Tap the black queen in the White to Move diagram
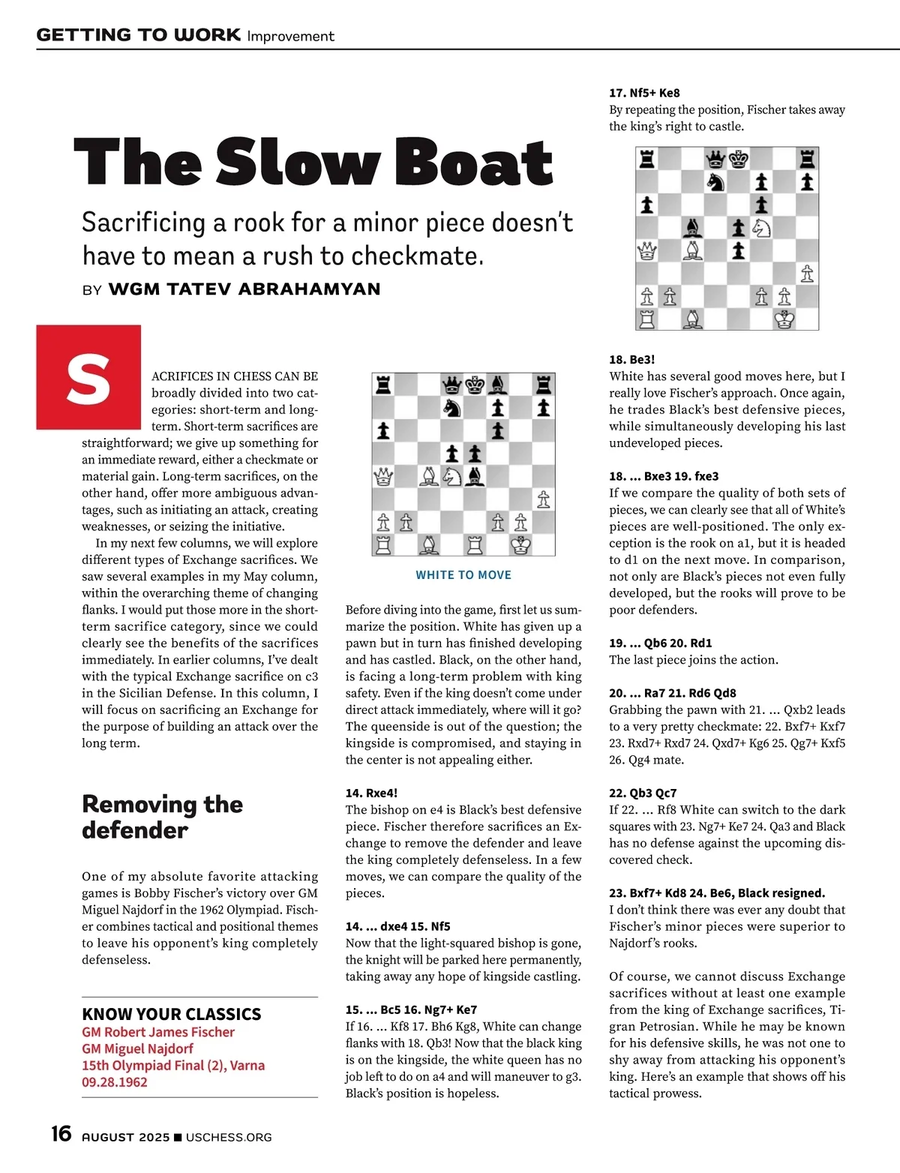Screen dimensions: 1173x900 pyautogui.click(x=451, y=385)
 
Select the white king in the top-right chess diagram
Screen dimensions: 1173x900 pyautogui.click(x=784, y=319)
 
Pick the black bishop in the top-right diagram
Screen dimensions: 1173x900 pyautogui.click(x=692, y=227)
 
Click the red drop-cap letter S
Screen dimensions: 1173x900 pyautogui.click(x=88, y=377)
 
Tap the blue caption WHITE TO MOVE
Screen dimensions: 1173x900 pyautogui.click(x=463, y=575)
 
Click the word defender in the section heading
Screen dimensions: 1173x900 pyautogui.click(x=135, y=830)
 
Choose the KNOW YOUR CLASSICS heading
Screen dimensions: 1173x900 pyautogui.click(x=172, y=1015)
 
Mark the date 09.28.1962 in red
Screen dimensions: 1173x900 pyautogui.click(x=115, y=1082)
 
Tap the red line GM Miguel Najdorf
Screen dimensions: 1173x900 pyautogui.click(x=137, y=1048)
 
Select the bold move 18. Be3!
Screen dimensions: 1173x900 pyautogui.click(x=632, y=359)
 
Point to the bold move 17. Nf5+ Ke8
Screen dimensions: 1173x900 pyautogui.click(x=644, y=93)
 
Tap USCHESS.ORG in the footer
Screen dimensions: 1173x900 pyautogui.click(x=229, y=1137)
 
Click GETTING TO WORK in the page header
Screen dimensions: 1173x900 pyautogui.click(x=139, y=35)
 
